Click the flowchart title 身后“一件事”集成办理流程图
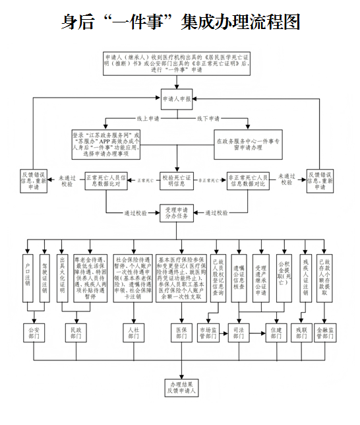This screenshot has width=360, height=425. tap(180, 22)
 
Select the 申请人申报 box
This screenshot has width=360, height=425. tap(177, 99)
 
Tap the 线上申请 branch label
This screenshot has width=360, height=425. tap(148, 119)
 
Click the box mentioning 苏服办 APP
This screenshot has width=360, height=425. tap(107, 143)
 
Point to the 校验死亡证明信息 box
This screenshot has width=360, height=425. tap(177, 180)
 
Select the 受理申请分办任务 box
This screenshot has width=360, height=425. tap(177, 213)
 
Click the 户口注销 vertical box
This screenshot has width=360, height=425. tap(28, 277)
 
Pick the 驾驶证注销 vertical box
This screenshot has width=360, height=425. tap(44, 277)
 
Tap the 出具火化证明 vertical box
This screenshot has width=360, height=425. tap(62, 277)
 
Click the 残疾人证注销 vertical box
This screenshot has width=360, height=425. tap(304, 277)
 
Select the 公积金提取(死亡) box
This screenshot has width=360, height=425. tap(284, 277)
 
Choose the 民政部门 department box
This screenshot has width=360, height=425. tap(78, 332)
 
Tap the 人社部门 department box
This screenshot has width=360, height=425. tap(133, 332)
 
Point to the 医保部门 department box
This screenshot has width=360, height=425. tap(180, 332)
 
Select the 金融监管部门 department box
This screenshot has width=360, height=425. tap(327, 332)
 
